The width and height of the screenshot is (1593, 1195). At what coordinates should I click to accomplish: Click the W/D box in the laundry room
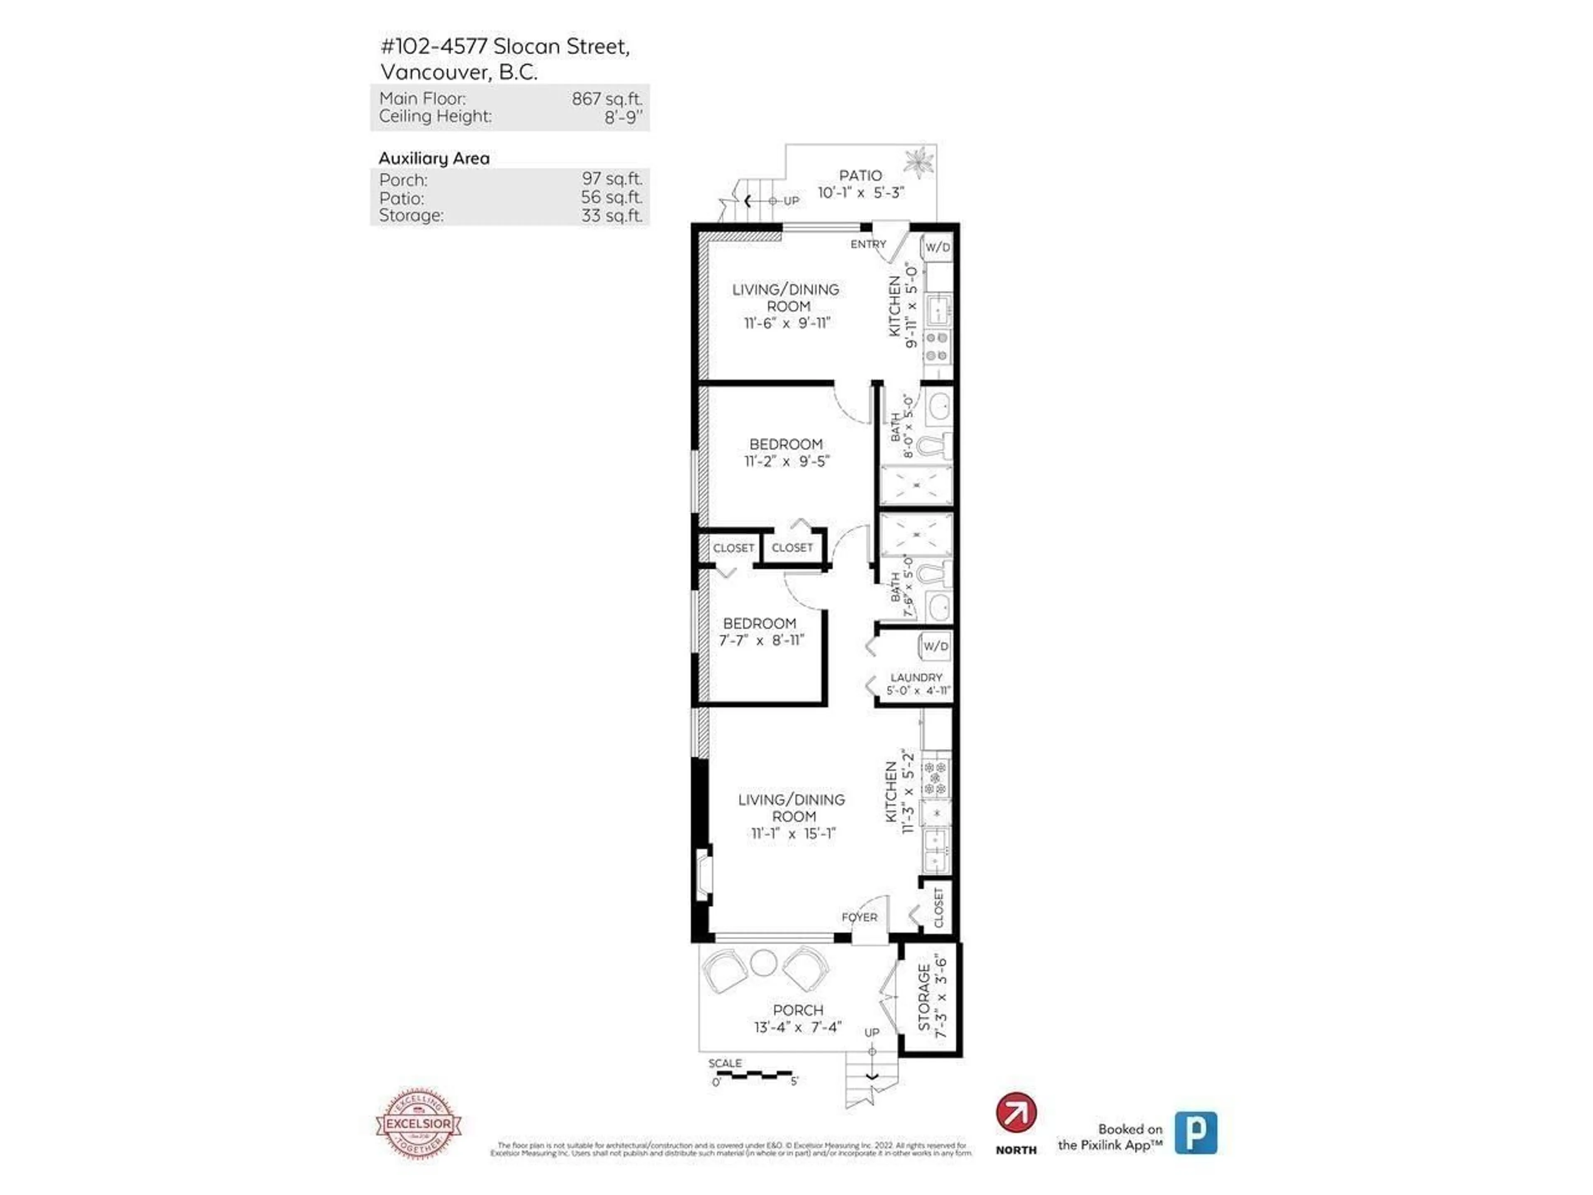pyautogui.click(x=935, y=646)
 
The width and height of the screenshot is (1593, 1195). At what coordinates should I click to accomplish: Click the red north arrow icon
pyautogui.click(x=1016, y=1113)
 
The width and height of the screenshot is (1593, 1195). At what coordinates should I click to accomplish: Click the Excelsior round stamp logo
pyautogui.click(x=419, y=1124)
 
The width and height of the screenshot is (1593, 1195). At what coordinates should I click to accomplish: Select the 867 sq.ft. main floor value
pyautogui.click(x=607, y=99)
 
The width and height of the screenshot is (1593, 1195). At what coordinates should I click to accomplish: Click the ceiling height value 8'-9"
pyautogui.click(x=623, y=117)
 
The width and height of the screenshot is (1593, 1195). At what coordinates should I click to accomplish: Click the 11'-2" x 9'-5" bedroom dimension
pyautogui.click(x=787, y=461)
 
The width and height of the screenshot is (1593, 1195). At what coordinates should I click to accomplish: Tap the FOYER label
pyautogui.click(x=859, y=917)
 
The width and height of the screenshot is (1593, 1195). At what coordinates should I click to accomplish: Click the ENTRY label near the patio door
pyautogui.click(x=868, y=244)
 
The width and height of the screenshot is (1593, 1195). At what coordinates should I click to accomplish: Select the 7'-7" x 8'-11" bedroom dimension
pyautogui.click(x=761, y=640)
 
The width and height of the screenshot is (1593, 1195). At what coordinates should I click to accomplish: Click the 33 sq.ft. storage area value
pyautogui.click(x=611, y=215)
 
